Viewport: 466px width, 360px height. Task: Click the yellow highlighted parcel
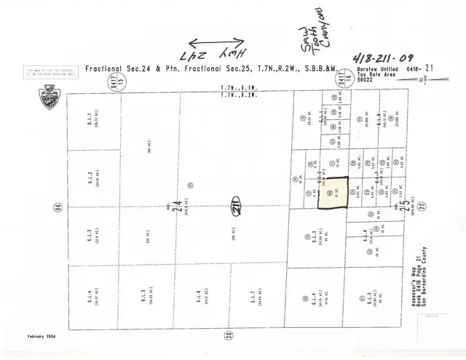333,193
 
